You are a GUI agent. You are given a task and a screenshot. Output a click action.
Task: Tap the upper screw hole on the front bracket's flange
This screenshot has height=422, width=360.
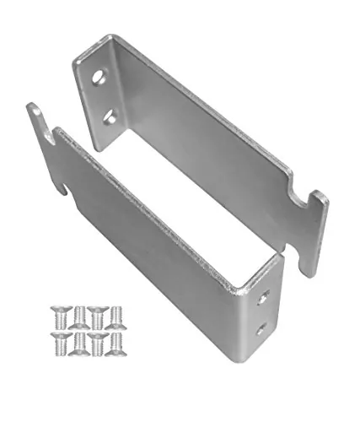click(266, 297)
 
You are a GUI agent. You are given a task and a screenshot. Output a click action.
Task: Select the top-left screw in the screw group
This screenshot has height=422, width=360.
click(58, 314)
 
